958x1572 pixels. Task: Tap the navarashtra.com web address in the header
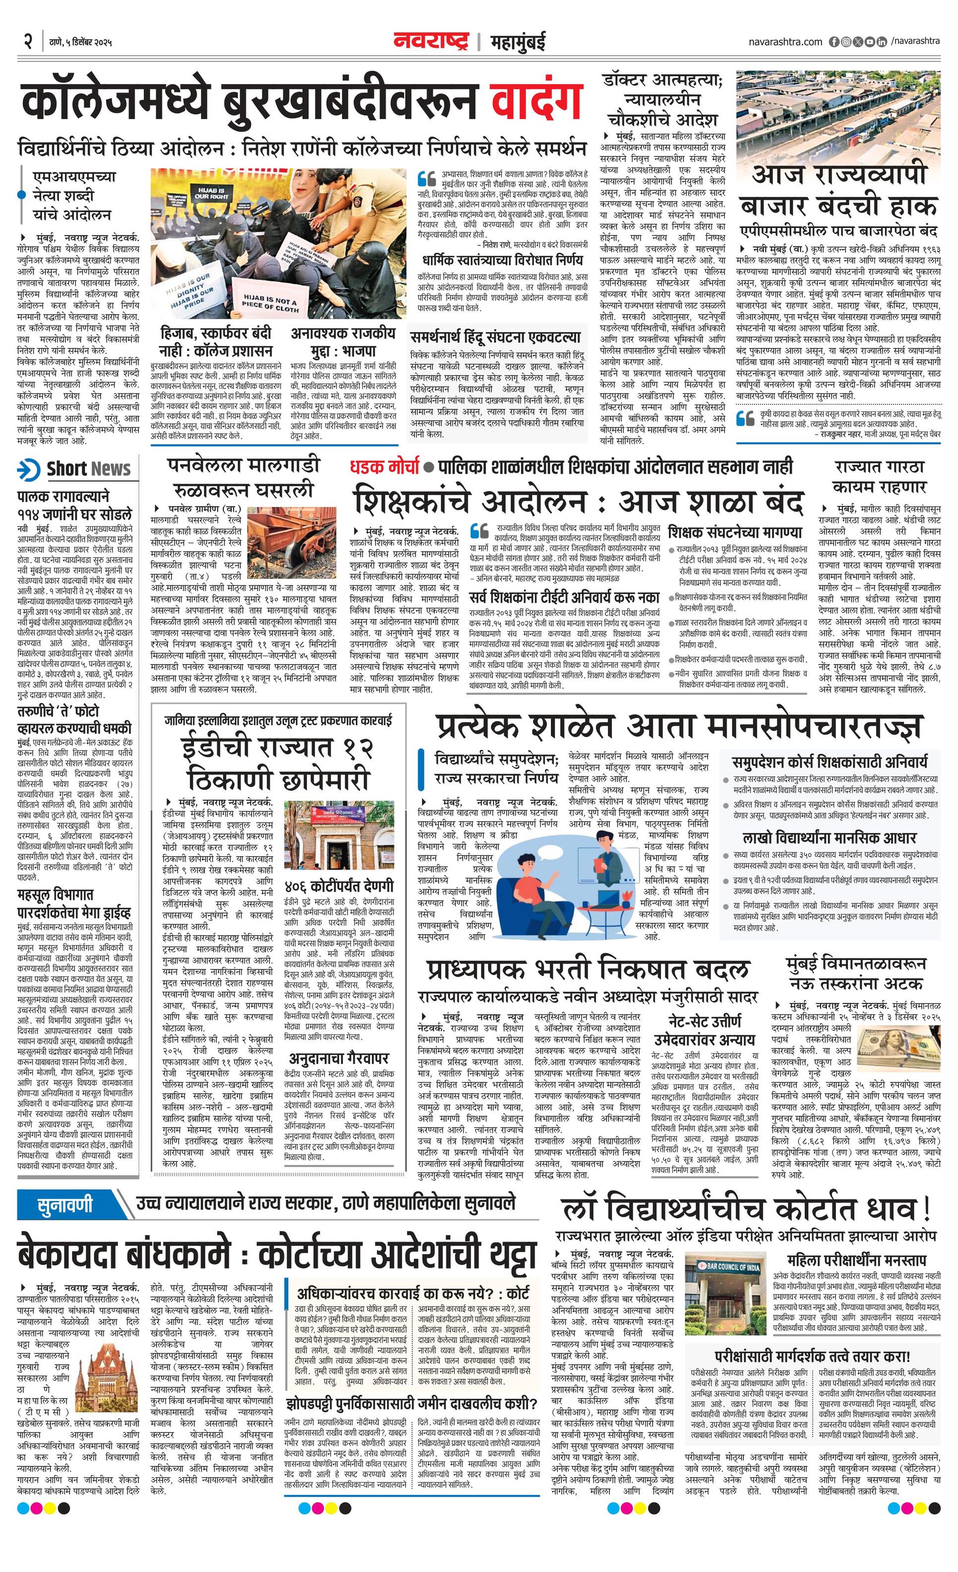(785, 42)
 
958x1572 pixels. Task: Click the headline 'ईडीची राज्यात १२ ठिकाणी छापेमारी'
(278, 762)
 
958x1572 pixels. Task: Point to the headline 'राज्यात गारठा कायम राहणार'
(879, 477)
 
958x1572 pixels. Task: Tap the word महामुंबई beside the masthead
(518, 42)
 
